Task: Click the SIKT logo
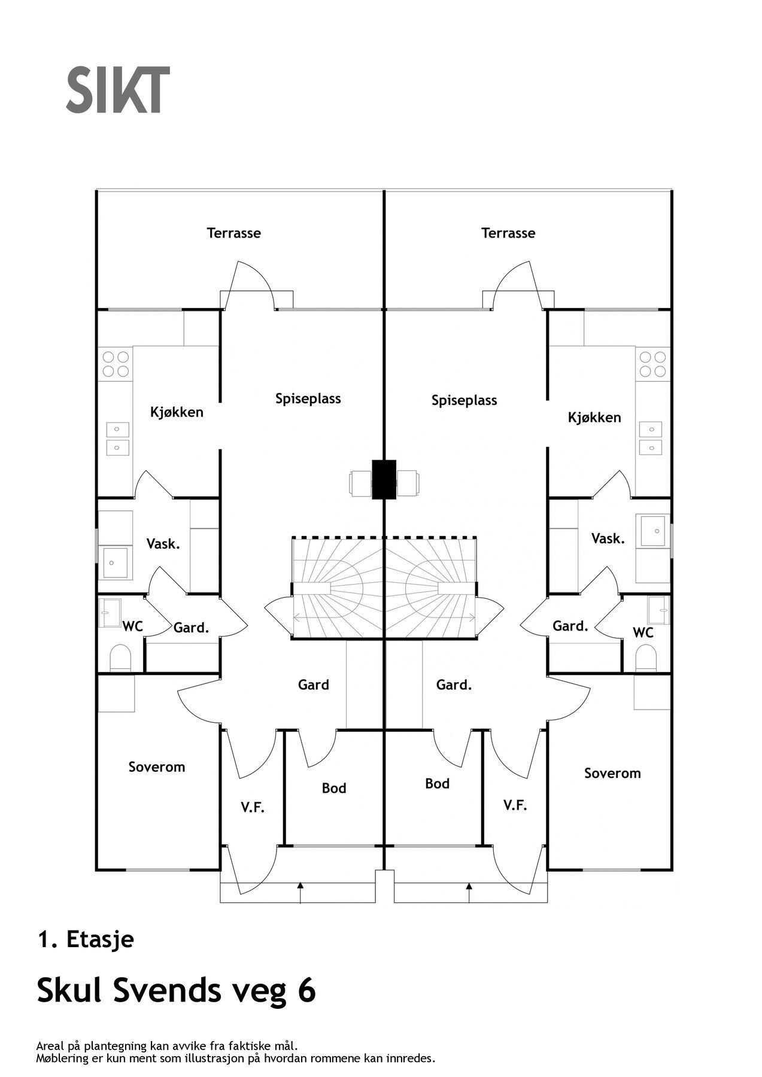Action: click(118, 90)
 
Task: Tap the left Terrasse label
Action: click(234, 233)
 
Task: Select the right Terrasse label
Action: click(508, 233)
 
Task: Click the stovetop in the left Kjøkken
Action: click(116, 364)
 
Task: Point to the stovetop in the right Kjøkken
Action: click(653, 364)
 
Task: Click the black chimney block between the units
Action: click(384, 479)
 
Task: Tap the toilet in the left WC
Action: click(120, 658)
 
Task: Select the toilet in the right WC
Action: click(646, 658)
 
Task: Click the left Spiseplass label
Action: click(308, 398)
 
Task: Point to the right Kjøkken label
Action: click(594, 417)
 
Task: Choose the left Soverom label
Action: click(157, 767)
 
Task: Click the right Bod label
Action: click(438, 783)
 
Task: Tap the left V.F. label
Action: click(253, 807)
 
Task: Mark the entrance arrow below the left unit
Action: click(300, 892)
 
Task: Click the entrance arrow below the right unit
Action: click(469, 892)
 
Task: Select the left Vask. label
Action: click(163, 544)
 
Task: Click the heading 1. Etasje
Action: click(86, 939)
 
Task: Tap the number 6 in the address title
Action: click(306, 990)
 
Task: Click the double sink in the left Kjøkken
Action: click(117, 439)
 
